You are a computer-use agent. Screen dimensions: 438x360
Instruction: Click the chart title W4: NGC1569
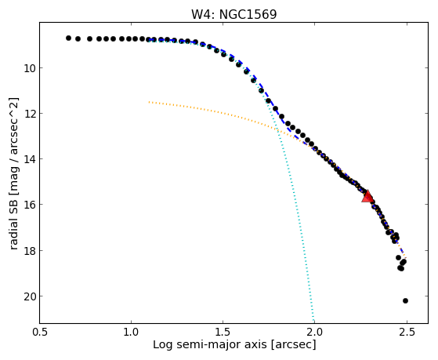point(233,15)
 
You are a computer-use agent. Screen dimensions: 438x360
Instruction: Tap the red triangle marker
point(367,196)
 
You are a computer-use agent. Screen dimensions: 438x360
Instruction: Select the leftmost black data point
point(68,38)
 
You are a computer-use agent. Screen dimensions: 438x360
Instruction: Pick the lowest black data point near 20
point(405,300)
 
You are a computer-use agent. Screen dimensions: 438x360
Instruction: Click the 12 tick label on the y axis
point(29,114)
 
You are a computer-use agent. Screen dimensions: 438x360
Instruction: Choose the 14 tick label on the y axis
point(29,159)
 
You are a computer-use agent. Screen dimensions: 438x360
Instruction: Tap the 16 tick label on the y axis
point(29,205)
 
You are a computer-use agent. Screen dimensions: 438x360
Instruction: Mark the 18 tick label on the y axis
point(29,251)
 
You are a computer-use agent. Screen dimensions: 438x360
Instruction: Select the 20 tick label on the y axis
point(29,296)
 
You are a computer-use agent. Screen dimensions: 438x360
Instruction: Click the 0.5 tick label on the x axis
point(40,333)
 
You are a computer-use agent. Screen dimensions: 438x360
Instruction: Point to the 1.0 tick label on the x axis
point(131,333)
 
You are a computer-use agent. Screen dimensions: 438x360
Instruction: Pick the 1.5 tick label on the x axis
point(223,333)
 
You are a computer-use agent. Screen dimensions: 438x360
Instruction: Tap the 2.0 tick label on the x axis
point(315,333)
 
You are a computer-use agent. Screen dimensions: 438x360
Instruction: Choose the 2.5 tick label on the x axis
point(407,333)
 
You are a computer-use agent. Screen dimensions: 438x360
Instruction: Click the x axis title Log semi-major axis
point(209,344)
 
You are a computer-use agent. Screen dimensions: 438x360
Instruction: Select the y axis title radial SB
point(13,224)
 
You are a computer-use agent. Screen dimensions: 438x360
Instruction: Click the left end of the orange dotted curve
point(149,102)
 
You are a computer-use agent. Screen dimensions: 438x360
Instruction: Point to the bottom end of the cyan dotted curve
point(313,322)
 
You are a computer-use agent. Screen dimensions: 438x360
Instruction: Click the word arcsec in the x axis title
point(293,345)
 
